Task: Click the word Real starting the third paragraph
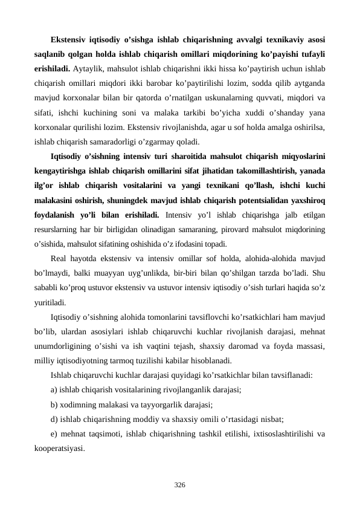pyautogui.click(x=62, y=260)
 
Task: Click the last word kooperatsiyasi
pyautogui.click(x=59, y=449)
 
